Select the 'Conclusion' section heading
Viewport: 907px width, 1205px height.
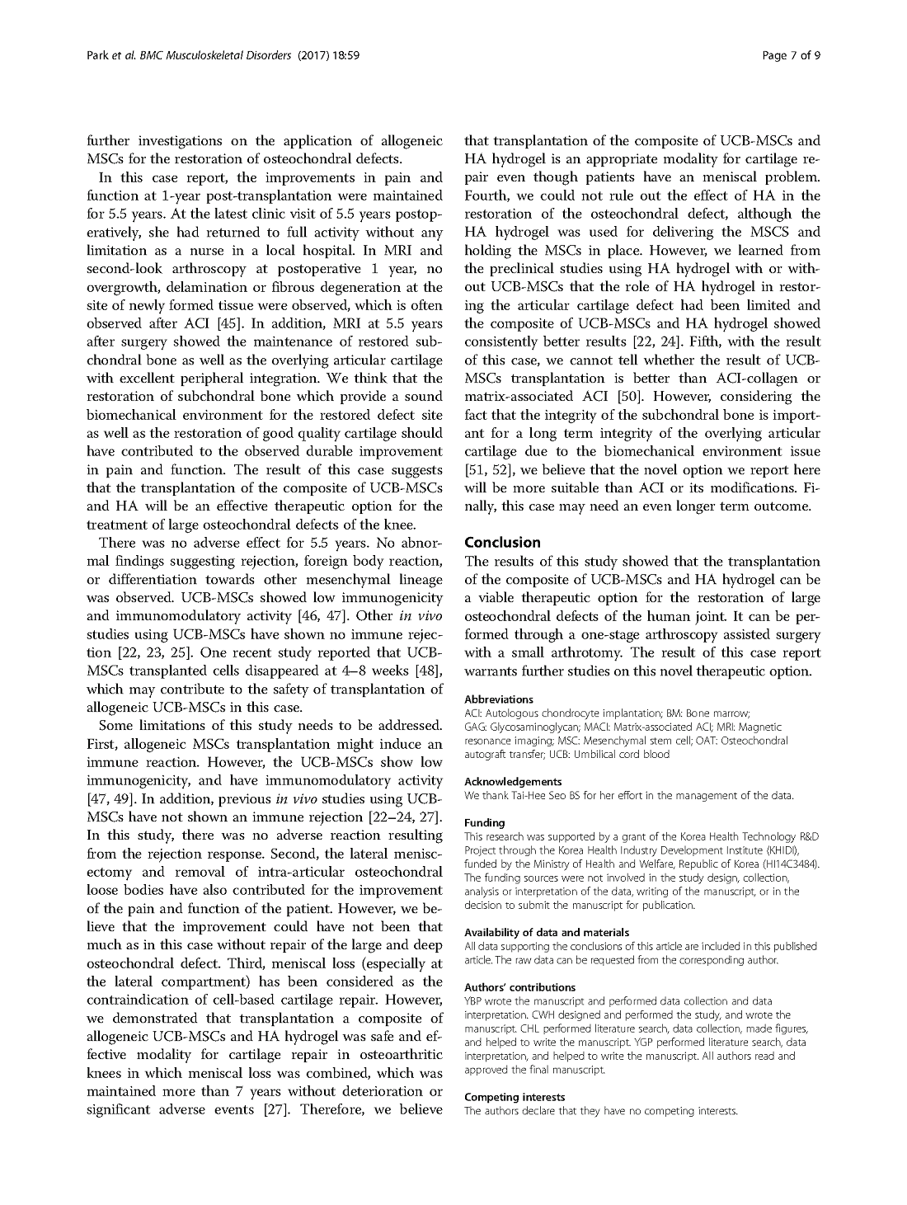(503, 543)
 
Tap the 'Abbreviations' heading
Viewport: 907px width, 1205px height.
(499, 699)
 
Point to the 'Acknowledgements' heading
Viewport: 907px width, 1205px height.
(513, 781)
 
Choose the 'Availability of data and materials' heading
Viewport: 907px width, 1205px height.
(547, 932)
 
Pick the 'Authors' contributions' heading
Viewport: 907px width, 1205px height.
(519, 987)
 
